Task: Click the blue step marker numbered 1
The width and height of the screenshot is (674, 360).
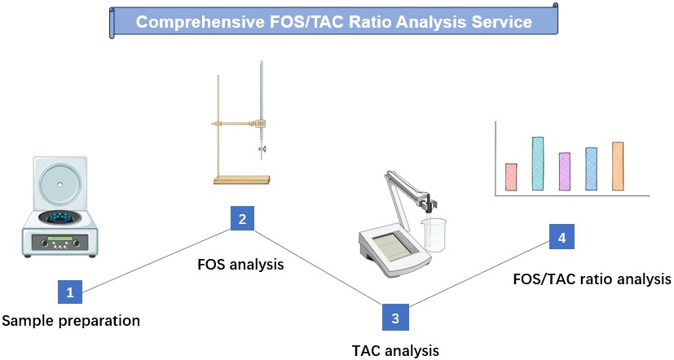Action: coord(70,291)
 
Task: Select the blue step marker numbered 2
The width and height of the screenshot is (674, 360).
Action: coord(242,218)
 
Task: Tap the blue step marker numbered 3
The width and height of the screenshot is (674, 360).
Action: coord(394,318)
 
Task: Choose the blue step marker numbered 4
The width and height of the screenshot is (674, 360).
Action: coord(562,237)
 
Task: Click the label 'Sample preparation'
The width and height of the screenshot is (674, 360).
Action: coord(71,321)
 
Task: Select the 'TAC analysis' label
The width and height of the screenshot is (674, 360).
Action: coord(395,351)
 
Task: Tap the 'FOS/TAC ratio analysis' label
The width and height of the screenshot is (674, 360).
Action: coord(592,279)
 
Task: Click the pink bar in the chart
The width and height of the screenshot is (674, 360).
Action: coord(511,177)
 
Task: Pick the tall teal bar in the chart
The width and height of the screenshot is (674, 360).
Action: coord(538,164)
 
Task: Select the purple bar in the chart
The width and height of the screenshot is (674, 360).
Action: coord(564,171)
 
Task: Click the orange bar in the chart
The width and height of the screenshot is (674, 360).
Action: coord(618,166)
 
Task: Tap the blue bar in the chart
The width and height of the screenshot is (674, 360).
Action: coord(591,169)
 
